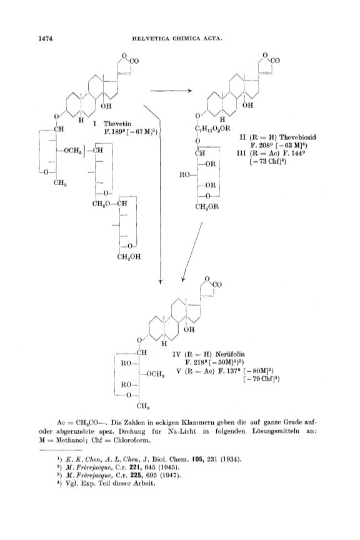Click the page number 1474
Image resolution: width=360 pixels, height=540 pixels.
(46, 39)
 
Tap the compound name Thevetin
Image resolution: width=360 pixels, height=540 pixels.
(117, 124)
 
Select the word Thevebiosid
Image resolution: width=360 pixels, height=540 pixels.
(297, 137)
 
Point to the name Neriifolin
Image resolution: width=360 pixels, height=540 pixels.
(230, 354)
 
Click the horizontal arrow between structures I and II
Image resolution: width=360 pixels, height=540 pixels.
(171, 91)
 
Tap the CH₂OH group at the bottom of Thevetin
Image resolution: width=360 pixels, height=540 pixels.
(129, 257)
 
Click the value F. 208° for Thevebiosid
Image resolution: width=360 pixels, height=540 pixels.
(260, 146)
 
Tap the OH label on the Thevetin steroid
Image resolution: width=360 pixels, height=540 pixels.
(106, 106)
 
